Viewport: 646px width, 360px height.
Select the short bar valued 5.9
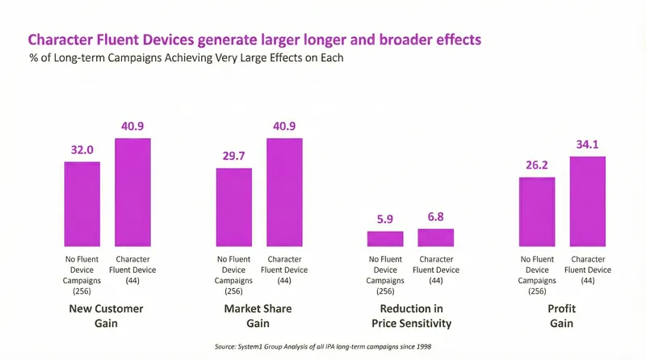coord(385,239)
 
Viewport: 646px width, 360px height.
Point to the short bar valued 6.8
coord(435,237)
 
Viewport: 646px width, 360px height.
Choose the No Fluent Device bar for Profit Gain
coord(537,211)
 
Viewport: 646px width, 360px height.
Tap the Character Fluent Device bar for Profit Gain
coord(587,201)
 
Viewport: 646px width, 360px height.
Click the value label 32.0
coord(82,150)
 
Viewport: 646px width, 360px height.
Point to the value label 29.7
coord(234,156)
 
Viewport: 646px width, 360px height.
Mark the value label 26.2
coord(537,165)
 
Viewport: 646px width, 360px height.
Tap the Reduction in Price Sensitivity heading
coord(410,316)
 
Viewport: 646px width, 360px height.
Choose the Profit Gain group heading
coord(562,316)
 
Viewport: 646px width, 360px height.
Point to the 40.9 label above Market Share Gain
coord(284,127)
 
